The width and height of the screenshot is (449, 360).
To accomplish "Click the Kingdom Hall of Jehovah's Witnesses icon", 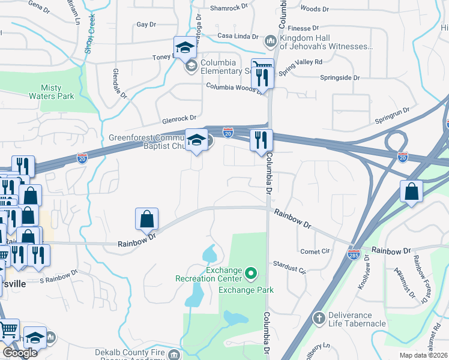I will (x=270, y=41).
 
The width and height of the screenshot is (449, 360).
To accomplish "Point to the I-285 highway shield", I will (x=354, y=255).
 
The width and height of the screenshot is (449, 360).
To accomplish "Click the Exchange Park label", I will (x=246, y=290).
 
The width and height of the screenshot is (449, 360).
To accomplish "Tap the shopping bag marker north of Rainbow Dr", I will (x=146, y=220).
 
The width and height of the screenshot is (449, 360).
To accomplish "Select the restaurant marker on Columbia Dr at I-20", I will (x=261, y=140).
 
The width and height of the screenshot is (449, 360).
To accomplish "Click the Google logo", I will (x=20, y=353).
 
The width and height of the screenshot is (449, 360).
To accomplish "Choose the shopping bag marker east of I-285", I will (x=411, y=192).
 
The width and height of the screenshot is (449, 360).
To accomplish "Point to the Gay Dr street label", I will (x=146, y=25).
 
